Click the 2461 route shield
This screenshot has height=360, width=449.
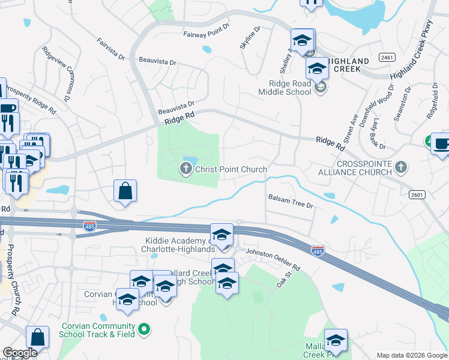point(387,57)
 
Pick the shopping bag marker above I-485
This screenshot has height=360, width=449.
point(125,191)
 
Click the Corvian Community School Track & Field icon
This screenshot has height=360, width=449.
point(143,329)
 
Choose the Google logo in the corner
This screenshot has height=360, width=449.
point(20,353)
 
